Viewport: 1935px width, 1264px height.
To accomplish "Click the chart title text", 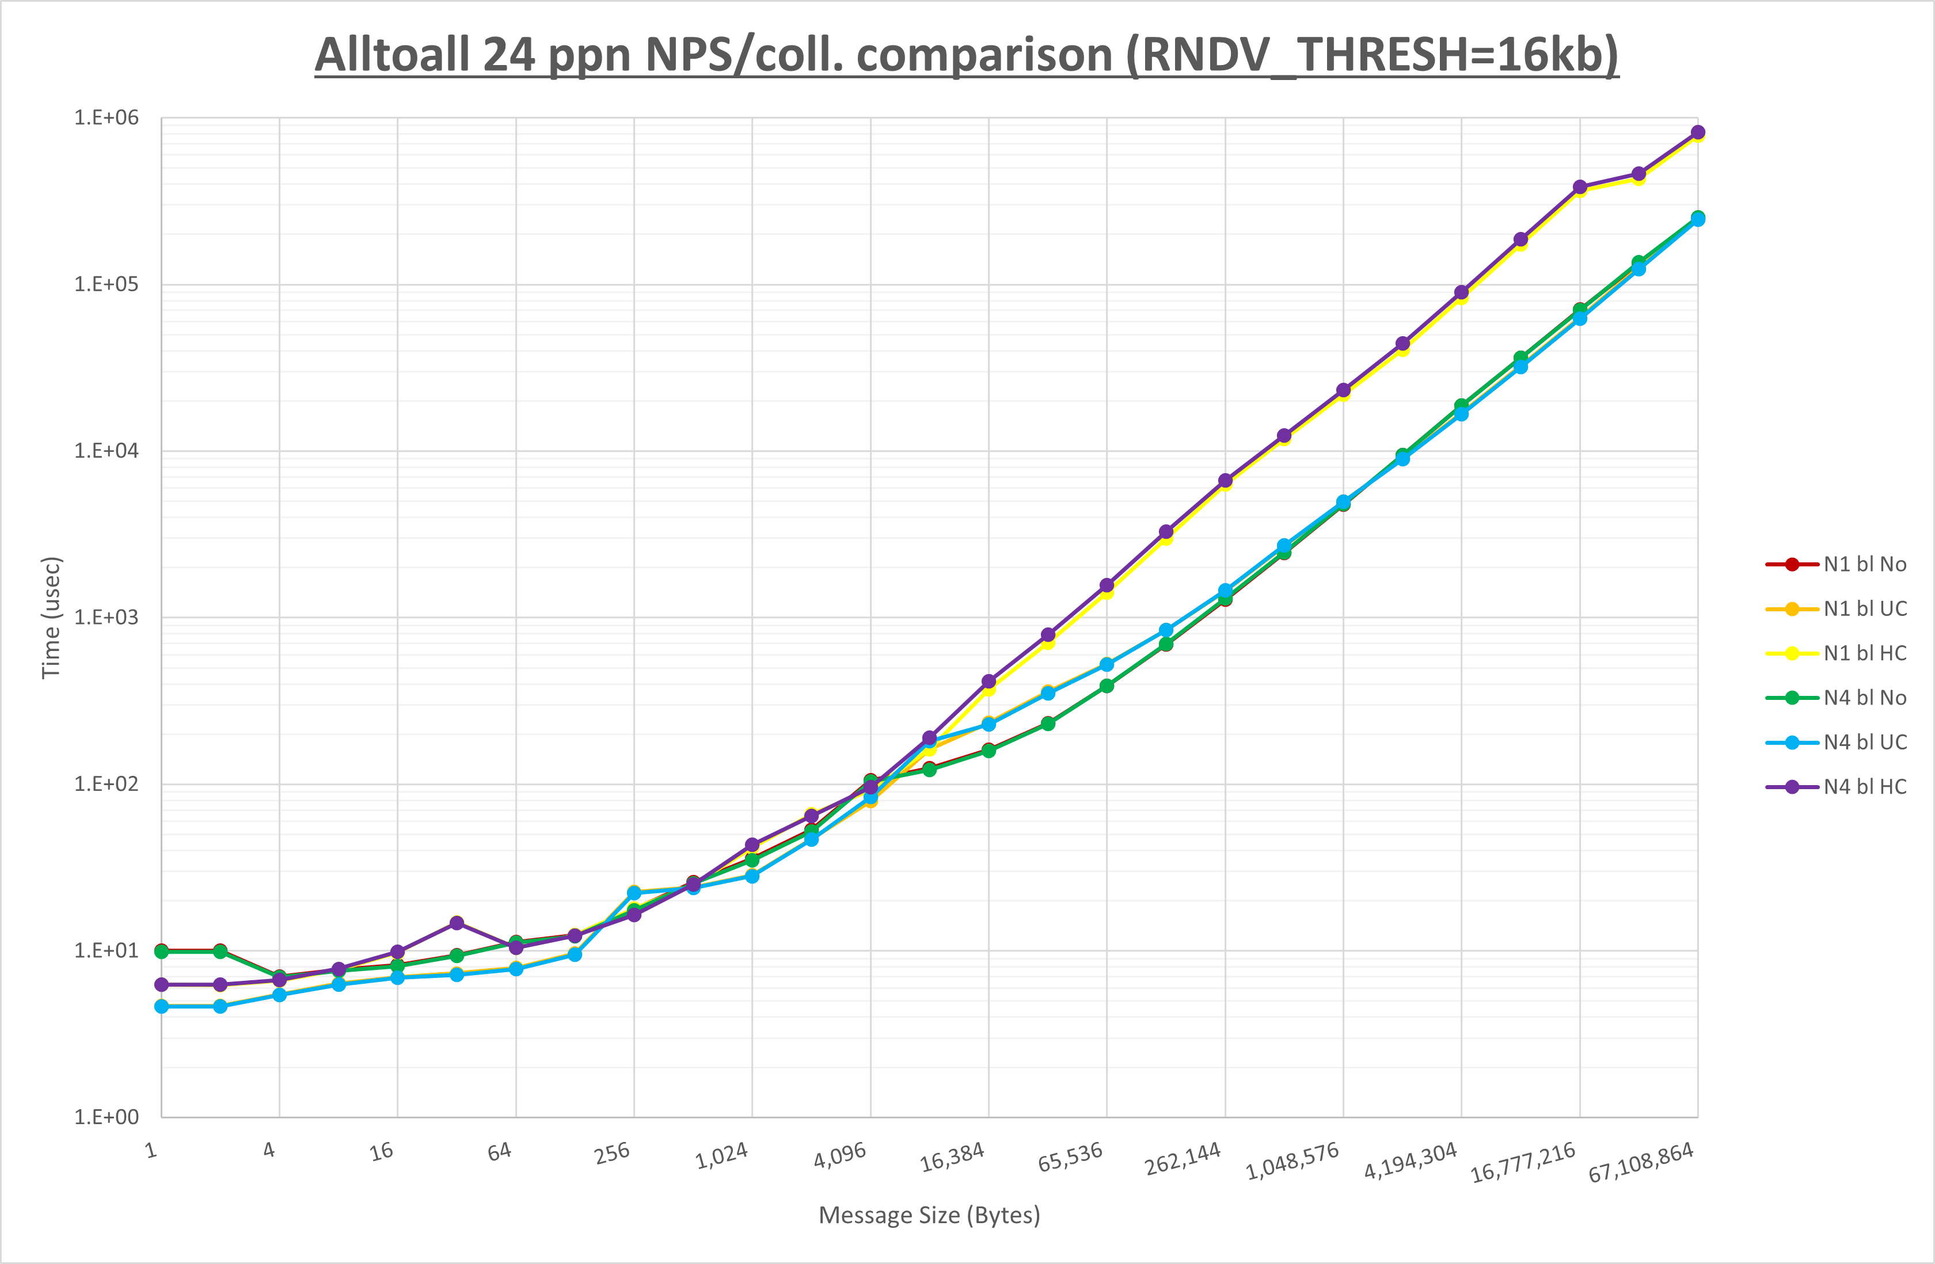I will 966,55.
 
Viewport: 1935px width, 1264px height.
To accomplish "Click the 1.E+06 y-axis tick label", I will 107,118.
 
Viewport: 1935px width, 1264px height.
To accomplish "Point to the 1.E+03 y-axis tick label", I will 107,618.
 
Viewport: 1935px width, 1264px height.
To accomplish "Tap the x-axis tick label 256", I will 612,1153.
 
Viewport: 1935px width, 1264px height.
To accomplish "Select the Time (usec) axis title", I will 51,618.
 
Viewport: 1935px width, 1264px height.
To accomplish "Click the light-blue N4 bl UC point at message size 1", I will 162,1006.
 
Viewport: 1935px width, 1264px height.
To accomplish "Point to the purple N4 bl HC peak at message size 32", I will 457,923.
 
